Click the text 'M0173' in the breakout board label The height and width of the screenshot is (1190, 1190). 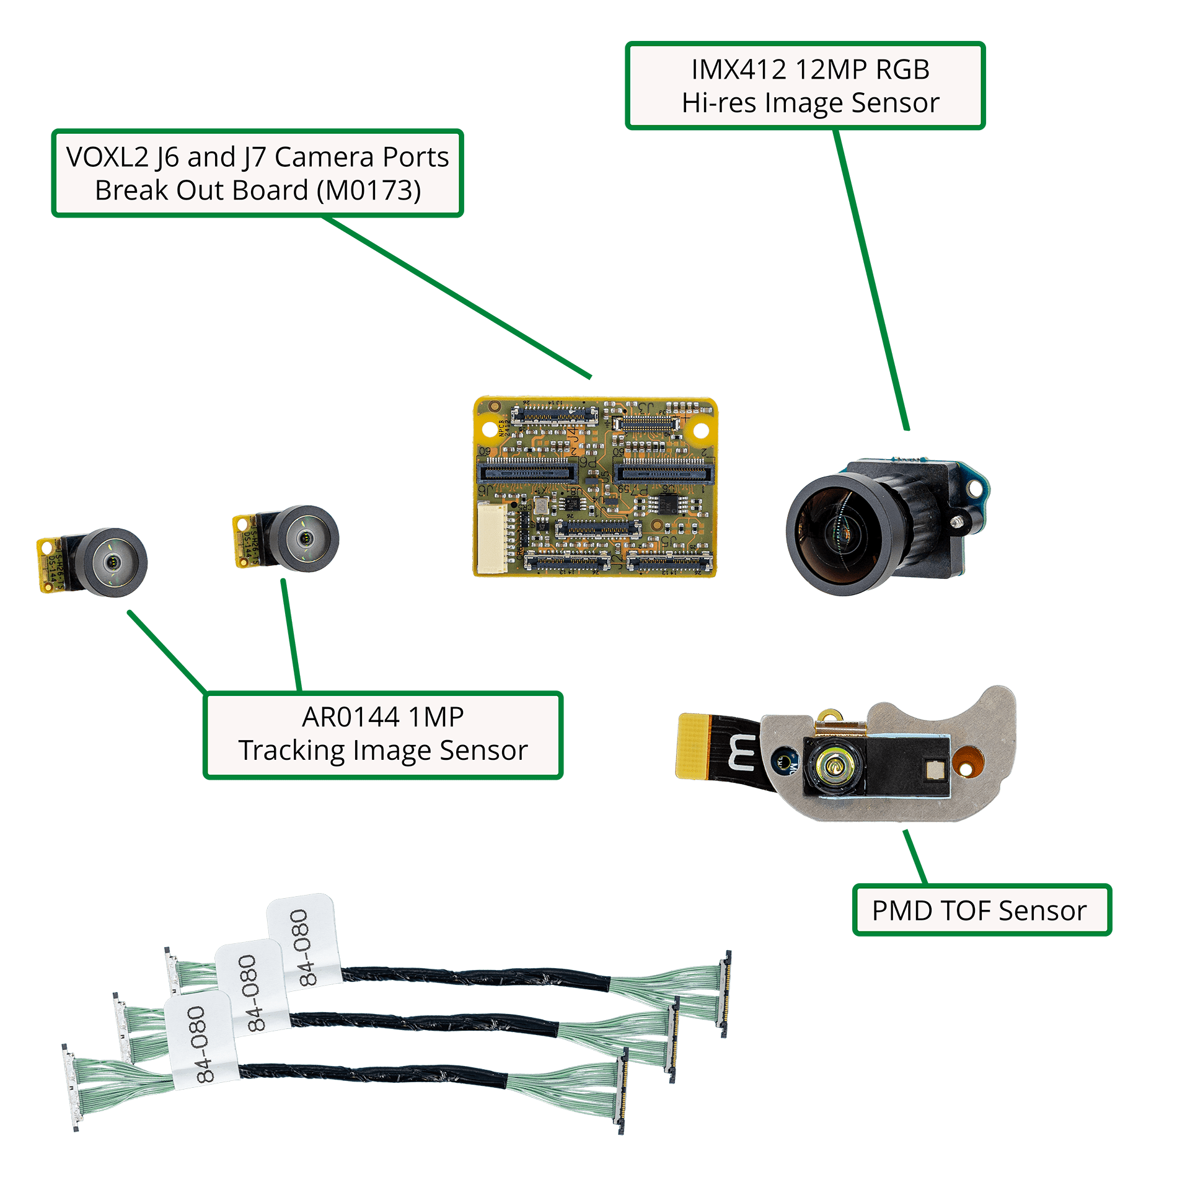click(x=369, y=190)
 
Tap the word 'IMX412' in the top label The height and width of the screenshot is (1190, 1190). click(x=738, y=69)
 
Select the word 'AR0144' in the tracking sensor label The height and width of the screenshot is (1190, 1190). click(x=350, y=717)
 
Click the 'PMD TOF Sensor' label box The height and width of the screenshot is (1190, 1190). click(x=981, y=910)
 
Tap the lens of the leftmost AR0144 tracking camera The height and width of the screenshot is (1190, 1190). click(x=113, y=562)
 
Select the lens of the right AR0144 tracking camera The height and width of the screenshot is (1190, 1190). click(x=305, y=538)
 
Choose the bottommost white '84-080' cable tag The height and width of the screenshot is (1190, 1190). click(x=202, y=1042)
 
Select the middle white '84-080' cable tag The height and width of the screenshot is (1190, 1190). click(x=253, y=990)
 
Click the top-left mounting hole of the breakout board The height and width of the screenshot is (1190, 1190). click(x=494, y=406)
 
